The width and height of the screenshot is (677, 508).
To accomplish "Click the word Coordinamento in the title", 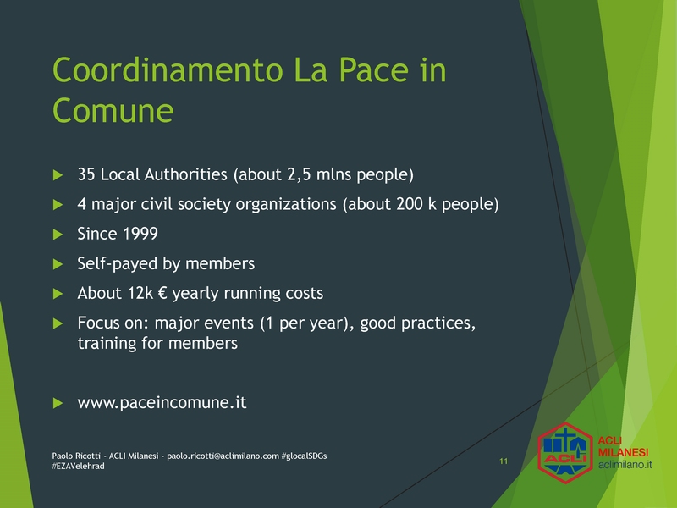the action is tap(168, 70).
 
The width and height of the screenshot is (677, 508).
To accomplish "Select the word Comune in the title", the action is tap(113, 111).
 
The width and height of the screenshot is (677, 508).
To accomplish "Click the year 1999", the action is tap(140, 234).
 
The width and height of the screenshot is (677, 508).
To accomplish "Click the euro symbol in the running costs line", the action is tap(162, 293).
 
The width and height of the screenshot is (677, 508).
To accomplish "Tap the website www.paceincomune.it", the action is tap(162, 403).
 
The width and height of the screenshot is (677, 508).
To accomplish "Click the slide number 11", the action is tap(504, 461).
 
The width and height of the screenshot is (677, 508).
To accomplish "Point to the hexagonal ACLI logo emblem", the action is tap(565, 452).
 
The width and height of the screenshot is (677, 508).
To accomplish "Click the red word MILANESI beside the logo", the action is tap(623, 452).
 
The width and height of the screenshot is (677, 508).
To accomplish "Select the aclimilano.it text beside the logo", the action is tap(625, 465).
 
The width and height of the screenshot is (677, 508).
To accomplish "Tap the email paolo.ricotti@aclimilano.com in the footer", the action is tap(223, 456).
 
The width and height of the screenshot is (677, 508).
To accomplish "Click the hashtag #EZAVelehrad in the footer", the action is tap(78, 467).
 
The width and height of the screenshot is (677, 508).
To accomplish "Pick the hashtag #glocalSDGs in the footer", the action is tap(304, 456).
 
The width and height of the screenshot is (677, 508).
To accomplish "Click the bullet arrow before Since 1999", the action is tap(58, 235).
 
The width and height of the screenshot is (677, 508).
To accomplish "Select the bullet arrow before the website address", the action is tap(58, 403).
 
